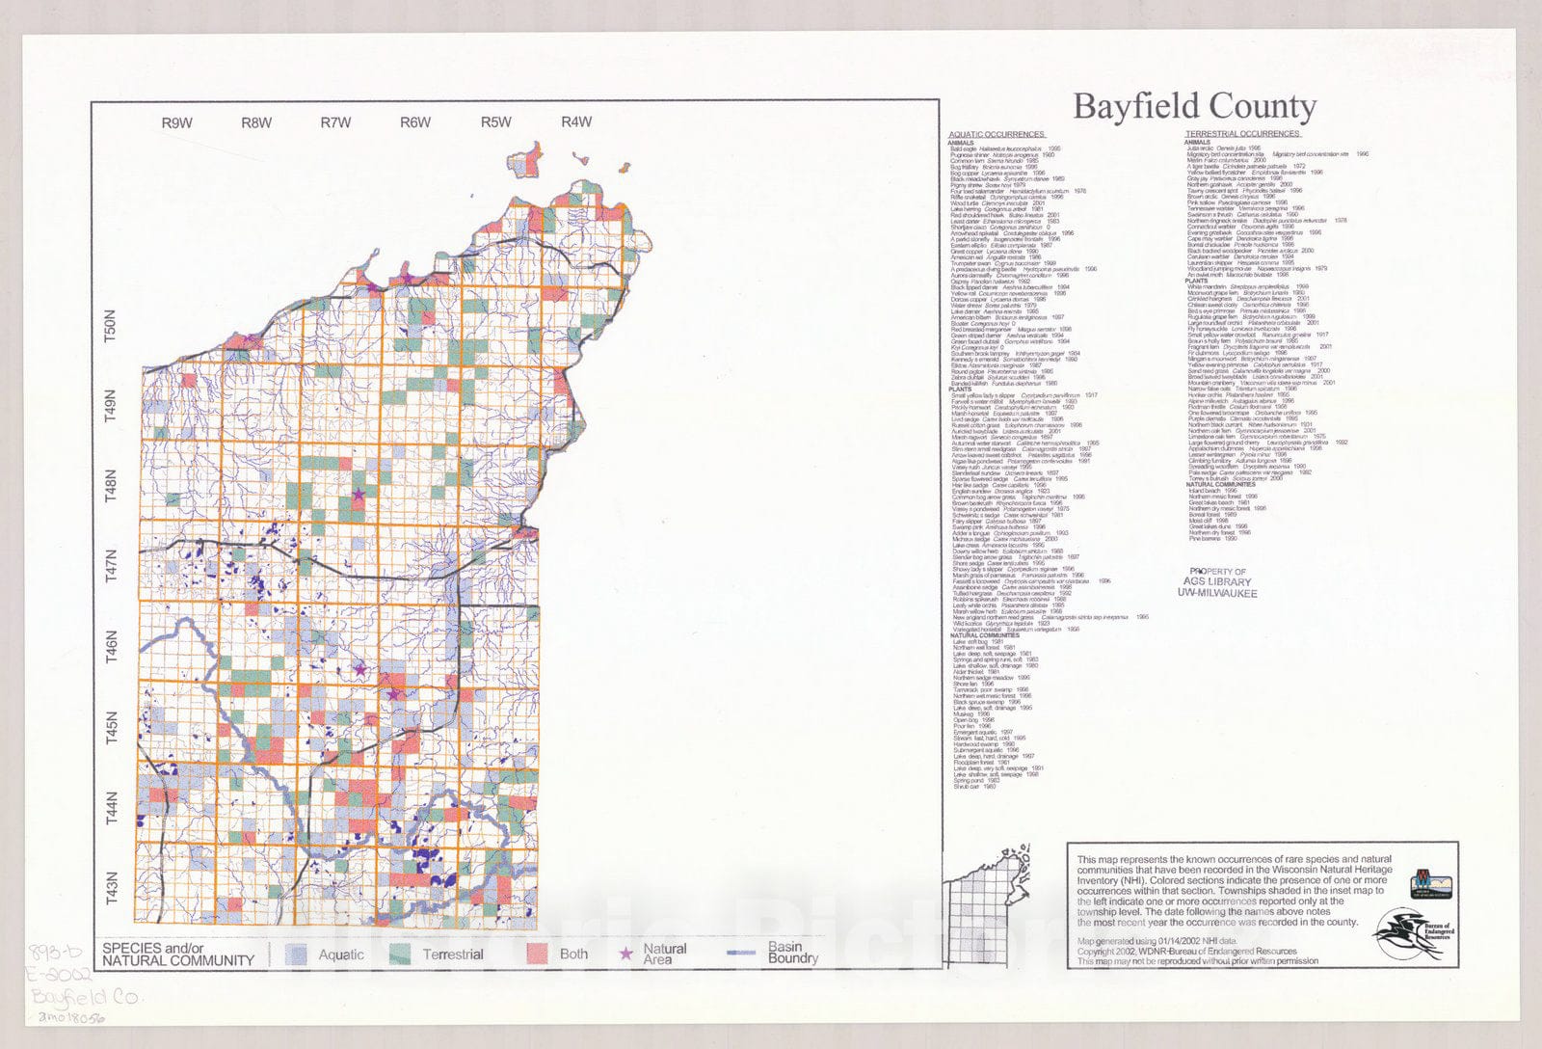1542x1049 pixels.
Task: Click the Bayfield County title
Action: [1194, 107]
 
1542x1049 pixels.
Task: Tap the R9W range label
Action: [176, 122]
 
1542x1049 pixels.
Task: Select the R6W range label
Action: [415, 122]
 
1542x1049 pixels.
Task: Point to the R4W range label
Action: [576, 122]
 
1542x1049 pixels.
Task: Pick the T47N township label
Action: [110, 565]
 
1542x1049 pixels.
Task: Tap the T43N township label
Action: [110, 888]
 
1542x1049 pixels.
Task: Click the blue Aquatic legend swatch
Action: [298, 955]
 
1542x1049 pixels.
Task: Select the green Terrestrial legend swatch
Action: [401, 955]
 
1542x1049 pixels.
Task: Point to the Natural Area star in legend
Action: [626, 954]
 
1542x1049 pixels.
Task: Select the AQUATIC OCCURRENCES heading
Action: [997, 134]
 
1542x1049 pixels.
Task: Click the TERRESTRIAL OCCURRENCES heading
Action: [1242, 134]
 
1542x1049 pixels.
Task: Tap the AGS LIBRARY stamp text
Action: [1216, 582]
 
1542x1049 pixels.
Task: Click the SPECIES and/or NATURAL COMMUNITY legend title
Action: [178, 955]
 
